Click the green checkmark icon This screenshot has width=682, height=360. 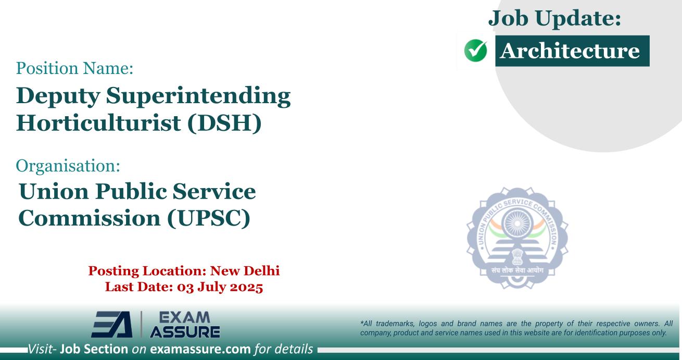pos(475,52)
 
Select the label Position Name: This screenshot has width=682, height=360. pos(75,68)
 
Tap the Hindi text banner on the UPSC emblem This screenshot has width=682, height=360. pos(516,271)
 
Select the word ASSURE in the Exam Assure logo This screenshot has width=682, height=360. pos(185,331)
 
